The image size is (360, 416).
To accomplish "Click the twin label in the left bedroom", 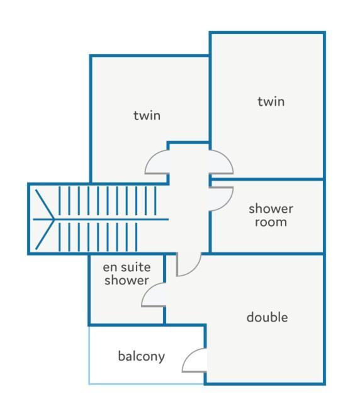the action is pyautogui.click(x=147, y=116).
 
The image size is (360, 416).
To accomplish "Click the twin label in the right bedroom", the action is pyautogui.click(x=271, y=101).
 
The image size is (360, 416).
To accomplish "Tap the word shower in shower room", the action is pyautogui.click(x=271, y=209).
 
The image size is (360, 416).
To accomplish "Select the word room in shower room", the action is pyautogui.click(x=271, y=222).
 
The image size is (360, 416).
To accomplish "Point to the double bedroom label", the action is pyautogui.click(x=267, y=317).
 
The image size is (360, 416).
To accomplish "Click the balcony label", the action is pyautogui.click(x=142, y=356).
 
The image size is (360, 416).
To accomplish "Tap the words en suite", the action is pyautogui.click(x=127, y=267).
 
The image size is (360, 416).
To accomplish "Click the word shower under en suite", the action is pyautogui.click(x=127, y=281).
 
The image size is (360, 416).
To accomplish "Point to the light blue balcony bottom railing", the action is pyautogui.click(x=147, y=384).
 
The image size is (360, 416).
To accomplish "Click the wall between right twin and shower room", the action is pyautogui.click(x=267, y=179).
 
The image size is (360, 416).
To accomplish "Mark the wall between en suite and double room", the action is pyautogui.click(x=164, y=289).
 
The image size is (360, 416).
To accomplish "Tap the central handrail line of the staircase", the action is pyautogui.click(x=101, y=220).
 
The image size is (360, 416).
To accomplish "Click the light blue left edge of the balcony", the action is pyautogui.click(x=89, y=355).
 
